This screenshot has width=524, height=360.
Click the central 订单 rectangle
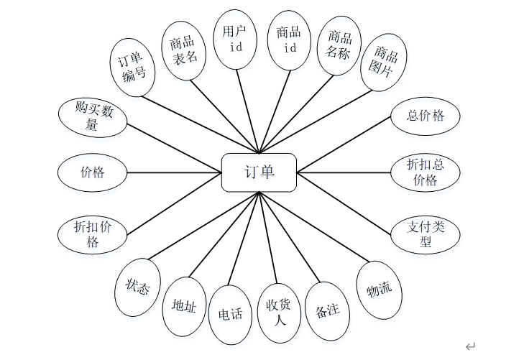click(x=259, y=172)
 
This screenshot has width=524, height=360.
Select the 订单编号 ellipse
click(x=134, y=67)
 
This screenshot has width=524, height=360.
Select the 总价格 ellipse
click(x=426, y=116)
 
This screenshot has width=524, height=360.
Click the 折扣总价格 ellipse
click(x=426, y=172)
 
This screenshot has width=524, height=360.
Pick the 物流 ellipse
click(x=380, y=290)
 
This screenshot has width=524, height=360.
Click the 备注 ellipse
click(x=328, y=310)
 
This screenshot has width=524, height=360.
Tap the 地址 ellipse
click(x=184, y=305)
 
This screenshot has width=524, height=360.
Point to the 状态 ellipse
click(x=137, y=287)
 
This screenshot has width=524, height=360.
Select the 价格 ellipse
click(x=92, y=172)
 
